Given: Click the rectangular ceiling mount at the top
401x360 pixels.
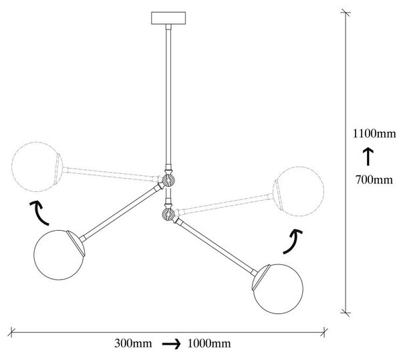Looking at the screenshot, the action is pos(168,18).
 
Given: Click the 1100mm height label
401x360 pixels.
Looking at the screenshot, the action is pos(374,134).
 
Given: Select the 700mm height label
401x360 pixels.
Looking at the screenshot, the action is pos(374,180).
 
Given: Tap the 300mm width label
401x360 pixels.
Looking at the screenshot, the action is pos(133,343).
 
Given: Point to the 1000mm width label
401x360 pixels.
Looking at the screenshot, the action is pos(209,343).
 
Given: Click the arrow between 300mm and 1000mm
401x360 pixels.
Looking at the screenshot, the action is pos(171,344).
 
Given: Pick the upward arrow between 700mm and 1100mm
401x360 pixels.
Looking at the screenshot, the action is pos(368,157).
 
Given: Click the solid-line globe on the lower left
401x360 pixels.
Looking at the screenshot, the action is pos(59,255).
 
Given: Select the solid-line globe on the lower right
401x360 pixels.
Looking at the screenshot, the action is pos(278,289).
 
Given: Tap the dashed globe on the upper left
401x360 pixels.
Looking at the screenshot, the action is pos(37,167).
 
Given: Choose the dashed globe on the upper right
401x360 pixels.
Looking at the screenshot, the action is pos(298,191).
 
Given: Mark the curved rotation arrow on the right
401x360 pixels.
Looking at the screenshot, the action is pos(293,241).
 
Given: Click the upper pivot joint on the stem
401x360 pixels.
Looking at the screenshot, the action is pos(168,181).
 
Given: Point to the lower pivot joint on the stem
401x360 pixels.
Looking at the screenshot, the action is pos(168,213).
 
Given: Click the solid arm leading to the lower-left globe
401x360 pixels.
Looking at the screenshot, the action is pos(120,213).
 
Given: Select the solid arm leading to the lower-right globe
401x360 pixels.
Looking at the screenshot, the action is pos(216,246).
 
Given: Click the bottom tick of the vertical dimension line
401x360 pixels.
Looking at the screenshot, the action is pos(346,312).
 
